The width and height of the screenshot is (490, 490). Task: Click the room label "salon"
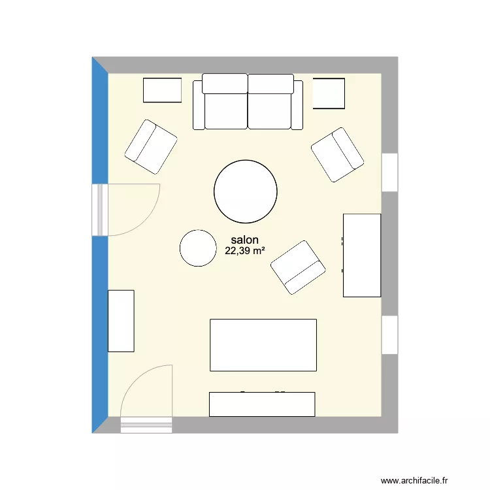click(245, 240)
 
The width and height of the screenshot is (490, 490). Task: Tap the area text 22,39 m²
click(245, 251)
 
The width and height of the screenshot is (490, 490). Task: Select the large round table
click(246, 191)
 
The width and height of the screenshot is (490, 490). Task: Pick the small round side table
click(197, 248)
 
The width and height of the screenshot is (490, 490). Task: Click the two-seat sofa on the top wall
click(248, 103)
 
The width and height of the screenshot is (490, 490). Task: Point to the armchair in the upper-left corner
click(151, 146)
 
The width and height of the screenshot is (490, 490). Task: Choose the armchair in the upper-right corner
click(337, 155)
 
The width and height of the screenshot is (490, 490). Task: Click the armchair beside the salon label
click(298, 267)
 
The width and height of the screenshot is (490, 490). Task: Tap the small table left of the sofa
click(162, 90)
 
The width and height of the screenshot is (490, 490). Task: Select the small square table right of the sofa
click(329, 93)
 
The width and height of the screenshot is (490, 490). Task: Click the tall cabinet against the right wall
click(362, 255)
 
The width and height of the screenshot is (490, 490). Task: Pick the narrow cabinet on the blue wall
click(121, 321)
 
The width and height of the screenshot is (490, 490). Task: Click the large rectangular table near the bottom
click(263, 345)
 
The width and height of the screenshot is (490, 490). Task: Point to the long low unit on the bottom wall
click(262, 404)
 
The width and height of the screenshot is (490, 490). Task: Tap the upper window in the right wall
click(390, 172)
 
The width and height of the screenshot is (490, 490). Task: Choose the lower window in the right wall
click(390, 335)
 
